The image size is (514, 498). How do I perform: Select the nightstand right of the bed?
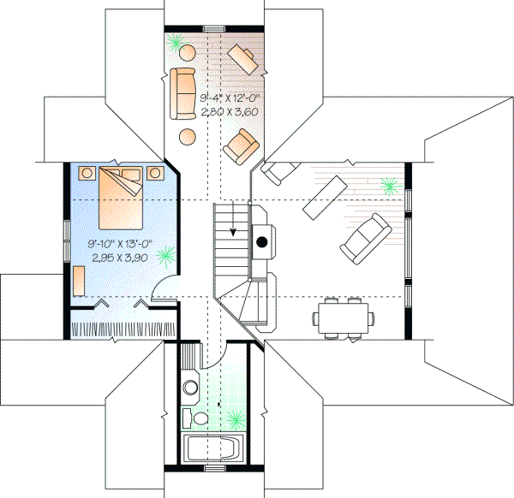(x=155, y=173)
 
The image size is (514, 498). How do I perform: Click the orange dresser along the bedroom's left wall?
(x=78, y=281)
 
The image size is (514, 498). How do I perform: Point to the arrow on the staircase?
(x=233, y=224)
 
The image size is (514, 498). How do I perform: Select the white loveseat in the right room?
(x=363, y=238)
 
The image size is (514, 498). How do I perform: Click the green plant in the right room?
(x=389, y=185)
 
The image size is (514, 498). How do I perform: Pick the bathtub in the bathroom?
(x=214, y=448)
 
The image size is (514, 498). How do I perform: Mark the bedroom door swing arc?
(x=163, y=293)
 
